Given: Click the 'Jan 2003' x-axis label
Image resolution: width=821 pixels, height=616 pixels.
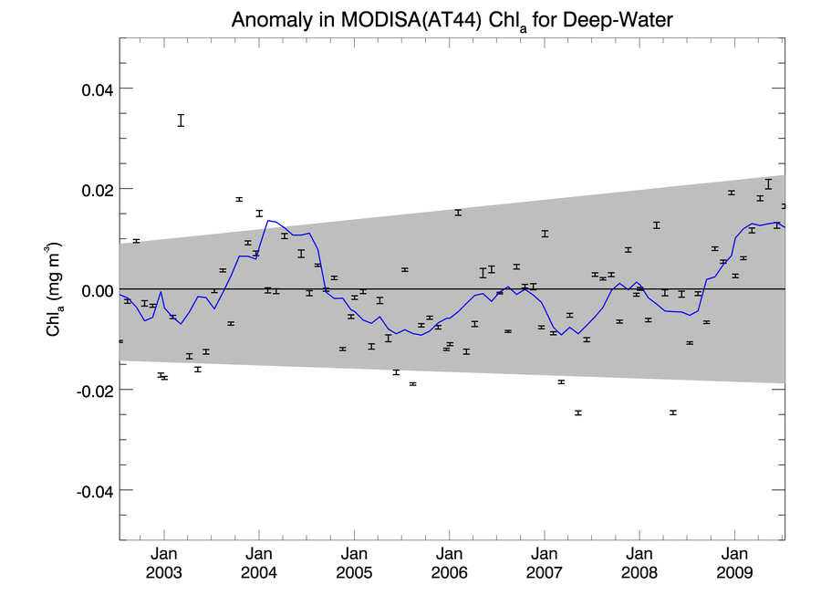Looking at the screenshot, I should pyautogui.click(x=164, y=563).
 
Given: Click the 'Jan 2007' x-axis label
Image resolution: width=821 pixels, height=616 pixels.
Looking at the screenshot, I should pyautogui.click(x=545, y=563).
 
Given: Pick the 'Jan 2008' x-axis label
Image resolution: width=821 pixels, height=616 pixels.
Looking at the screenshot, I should pyautogui.click(x=639, y=563).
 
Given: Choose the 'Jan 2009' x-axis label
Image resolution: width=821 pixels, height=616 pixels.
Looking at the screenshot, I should pyautogui.click(x=735, y=563).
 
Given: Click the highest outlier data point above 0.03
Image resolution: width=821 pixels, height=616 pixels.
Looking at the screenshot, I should pyautogui.click(x=182, y=120).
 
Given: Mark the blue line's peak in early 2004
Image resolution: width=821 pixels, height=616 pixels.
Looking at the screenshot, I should pyautogui.click(x=268, y=220).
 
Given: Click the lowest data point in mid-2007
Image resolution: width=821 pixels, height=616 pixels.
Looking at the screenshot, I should pyautogui.click(x=578, y=412).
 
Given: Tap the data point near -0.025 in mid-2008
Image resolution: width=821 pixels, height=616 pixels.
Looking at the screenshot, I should pyautogui.click(x=673, y=412).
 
